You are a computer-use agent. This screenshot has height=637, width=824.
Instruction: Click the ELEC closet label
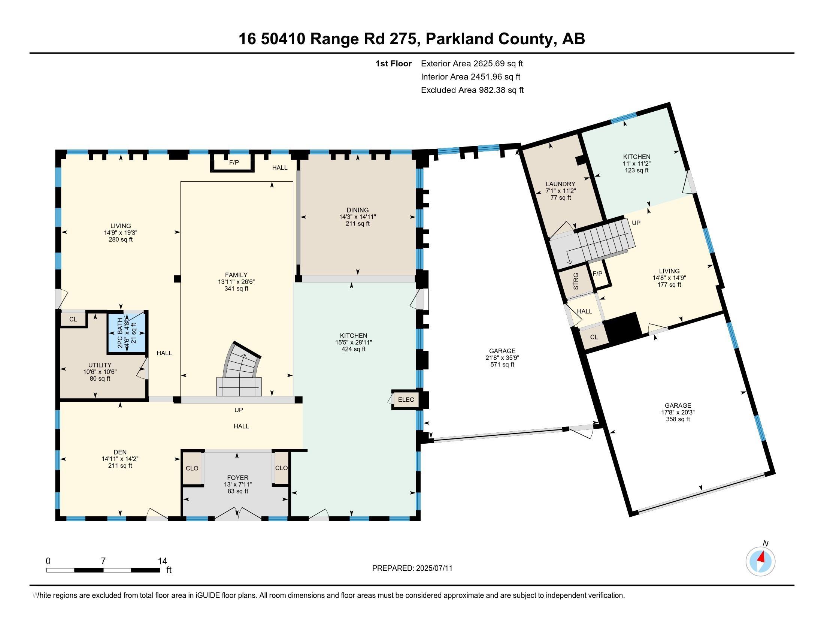pyautogui.click(x=406, y=400)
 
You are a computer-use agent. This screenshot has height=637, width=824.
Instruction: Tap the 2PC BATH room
pyautogui.click(x=127, y=332)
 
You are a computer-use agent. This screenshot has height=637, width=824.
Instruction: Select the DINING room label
pyautogui.click(x=358, y=210)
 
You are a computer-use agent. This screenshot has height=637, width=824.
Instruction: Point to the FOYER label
pyautogui.click(x=238, y=478)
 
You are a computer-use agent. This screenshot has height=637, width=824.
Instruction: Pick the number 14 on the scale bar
pyautogui.click(x=162, y=561)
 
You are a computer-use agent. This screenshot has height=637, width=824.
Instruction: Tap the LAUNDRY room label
pyautogui.click(x=561, y=184)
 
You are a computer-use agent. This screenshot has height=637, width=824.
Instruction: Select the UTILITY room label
pyautogui.click(x=100, y=365)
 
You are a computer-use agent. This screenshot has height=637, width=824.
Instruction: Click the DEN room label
pyautogui.click(x=120, y=452)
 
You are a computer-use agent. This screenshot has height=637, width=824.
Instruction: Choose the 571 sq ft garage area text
pyautogui.click(x=503, y=365)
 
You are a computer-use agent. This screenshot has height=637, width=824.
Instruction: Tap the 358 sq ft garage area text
pyautogui.click(x=678, y=419)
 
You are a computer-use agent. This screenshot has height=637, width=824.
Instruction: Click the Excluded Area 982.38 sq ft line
pyautogui.click(x=472, y=90)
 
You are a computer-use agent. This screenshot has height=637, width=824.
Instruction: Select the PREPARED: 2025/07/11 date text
pyautogui.click(x=412, y=568)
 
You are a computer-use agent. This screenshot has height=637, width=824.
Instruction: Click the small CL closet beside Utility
pyautogui.click(x=73, y=319)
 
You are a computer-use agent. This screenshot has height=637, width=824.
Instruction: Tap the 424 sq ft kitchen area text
pyautogui.click(x=354, y=350)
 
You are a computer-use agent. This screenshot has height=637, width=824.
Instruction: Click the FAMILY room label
pyautogui.click(x=236, y=275)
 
